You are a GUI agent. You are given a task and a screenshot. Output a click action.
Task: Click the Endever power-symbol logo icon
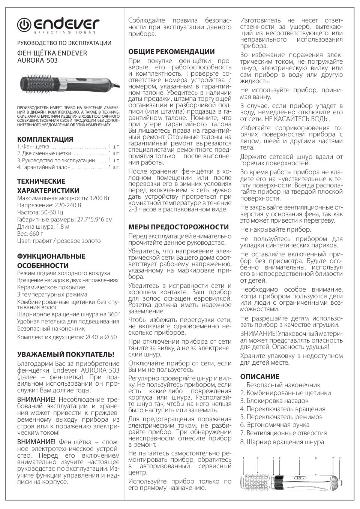(x=25, y=25)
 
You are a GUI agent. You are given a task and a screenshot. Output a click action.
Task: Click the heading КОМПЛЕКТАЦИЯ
(x=45, y=139)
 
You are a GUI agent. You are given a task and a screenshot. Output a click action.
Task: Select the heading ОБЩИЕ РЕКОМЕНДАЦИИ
(x=171, y=52)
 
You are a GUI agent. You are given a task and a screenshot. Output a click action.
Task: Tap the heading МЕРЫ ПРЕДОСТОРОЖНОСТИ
(x=178, y=227)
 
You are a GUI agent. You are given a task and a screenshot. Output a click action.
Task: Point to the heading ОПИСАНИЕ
(x=260, y=376)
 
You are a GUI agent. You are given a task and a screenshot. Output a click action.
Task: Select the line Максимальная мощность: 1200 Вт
(x=64, y=198)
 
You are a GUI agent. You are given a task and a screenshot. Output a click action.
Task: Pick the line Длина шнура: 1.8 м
(x=43, y=226)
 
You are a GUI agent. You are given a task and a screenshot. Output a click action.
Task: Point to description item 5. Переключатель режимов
(x=281, y=417)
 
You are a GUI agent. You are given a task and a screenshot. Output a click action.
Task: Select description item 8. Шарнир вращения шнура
(x=282, y=442)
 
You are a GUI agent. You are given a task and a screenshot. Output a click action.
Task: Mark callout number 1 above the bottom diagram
(x=243, y=458)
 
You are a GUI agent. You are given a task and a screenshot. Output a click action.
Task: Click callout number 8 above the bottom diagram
(x=339, y=458)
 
